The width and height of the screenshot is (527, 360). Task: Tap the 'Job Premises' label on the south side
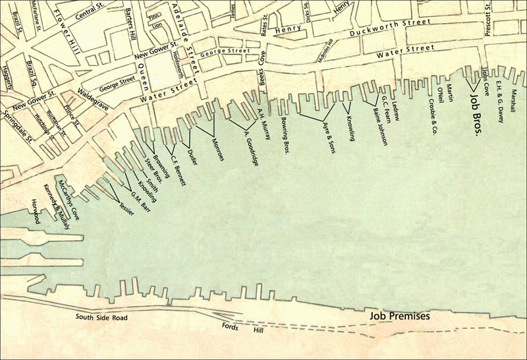tap(399, 316)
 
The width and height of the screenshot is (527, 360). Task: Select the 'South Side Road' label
tap(101, 318)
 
